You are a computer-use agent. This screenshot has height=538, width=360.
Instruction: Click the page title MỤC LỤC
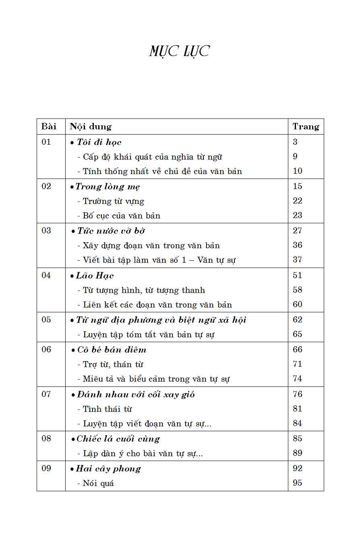click(x=180, y=52)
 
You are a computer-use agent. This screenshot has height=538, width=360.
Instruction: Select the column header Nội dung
click(x=91, y=127)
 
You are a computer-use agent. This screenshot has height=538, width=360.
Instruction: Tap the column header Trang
click(x=306, y=127)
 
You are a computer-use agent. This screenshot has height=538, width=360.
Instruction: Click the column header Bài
click(x=49, y=127)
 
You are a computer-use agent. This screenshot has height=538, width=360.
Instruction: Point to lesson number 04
click(x=46, y=276)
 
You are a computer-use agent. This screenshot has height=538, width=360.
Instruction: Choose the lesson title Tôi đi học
click(x=99, y=142)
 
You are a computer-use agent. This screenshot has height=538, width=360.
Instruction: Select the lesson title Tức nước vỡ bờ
click(x=111, y=231)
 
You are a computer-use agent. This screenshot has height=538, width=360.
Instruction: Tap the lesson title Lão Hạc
click(x=95, y=276)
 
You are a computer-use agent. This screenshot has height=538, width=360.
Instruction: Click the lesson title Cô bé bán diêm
click(x=112, y=350)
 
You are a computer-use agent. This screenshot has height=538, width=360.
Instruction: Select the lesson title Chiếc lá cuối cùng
click(x=118, y=439)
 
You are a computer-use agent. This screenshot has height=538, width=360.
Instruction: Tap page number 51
click(x=298, y=276)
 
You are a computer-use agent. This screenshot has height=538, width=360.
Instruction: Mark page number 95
click(x=298, y=483)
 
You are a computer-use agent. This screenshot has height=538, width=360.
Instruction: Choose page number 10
click(x=298, y=171)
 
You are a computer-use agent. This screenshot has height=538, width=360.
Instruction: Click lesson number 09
click(x=46, y=469)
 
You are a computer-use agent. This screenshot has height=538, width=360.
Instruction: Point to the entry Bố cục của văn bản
click(x=121, y=216)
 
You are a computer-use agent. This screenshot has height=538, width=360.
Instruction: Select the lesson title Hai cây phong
click(x=108, y=469)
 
